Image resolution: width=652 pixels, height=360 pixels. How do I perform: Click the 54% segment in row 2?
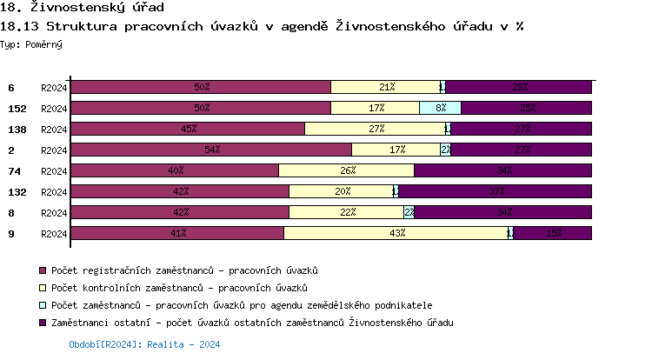(210, 150)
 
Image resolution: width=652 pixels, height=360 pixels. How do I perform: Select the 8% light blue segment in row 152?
(440, 108)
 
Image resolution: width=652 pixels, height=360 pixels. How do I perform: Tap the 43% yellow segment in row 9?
(396, 233)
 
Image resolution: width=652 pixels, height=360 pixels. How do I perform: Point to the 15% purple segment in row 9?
(553, 233)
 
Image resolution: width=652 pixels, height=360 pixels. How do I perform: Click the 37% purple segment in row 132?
(496, 191)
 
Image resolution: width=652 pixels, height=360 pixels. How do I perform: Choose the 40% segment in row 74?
(175, 170)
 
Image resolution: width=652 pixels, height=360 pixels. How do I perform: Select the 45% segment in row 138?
(188, 129)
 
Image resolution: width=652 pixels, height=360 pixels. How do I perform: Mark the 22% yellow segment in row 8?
(346, 212)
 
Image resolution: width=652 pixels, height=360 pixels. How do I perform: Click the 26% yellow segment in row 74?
(346, 170)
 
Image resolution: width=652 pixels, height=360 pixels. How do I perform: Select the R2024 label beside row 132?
(53, 192)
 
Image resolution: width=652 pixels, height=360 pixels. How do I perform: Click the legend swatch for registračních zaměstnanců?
(43, 270)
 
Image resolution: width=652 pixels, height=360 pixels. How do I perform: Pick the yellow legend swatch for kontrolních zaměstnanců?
(43, 288)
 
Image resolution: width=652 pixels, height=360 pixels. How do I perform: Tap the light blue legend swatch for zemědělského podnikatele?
(43, 305)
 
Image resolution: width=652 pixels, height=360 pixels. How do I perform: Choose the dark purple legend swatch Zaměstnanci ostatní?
(43, 323)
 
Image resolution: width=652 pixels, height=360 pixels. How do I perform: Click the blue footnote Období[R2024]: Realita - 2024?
(144, 344)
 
